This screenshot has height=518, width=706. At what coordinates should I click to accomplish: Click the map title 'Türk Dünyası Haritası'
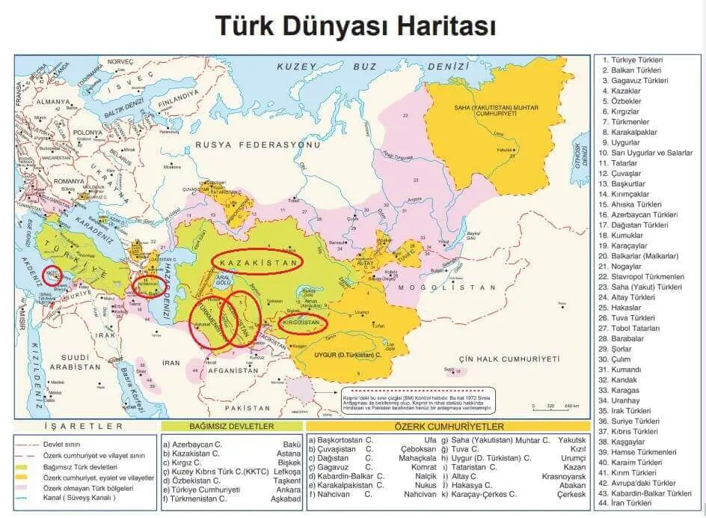(355, 25)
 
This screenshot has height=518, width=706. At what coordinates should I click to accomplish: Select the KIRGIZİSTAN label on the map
(304, 323)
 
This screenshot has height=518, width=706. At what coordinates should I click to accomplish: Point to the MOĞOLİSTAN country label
(447, 287)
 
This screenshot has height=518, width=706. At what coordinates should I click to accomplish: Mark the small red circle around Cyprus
(52, 275)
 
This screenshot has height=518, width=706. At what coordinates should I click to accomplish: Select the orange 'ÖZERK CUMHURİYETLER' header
(447, 426)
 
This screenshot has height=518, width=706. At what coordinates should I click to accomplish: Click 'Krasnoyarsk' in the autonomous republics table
(564, 476)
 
